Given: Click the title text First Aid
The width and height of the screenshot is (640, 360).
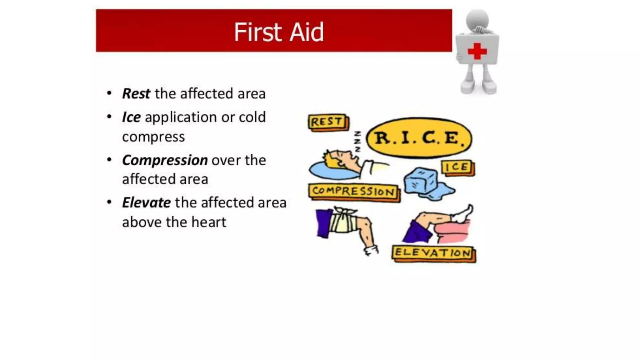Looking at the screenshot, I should (279, 32).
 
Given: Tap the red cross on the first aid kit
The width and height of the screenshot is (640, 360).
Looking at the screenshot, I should (477, 51).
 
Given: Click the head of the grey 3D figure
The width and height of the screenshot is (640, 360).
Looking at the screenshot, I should (477, 19).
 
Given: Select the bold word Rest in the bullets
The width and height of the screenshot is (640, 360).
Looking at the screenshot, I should (136, 93).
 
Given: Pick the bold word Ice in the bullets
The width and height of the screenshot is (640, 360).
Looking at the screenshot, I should (131, 117).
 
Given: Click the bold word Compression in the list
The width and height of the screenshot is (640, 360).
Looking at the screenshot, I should (165, 160).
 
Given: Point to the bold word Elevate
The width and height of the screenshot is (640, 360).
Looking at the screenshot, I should (146, 202).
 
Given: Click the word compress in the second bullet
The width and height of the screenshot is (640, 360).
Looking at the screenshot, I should (153, 137).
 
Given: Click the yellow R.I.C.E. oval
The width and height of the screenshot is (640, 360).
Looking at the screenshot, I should (419, 138).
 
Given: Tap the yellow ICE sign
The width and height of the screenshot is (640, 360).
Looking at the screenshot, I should (457, 167).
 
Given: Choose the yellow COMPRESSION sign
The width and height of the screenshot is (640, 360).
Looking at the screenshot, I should (353, 191).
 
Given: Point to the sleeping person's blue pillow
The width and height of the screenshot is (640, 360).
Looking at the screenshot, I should (331, 171).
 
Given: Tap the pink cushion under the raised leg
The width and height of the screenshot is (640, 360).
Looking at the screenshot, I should (453, 232).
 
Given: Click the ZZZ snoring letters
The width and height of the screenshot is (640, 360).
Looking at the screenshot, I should (357, 142).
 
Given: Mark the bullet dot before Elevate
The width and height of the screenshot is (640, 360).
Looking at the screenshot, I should (109, 202).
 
